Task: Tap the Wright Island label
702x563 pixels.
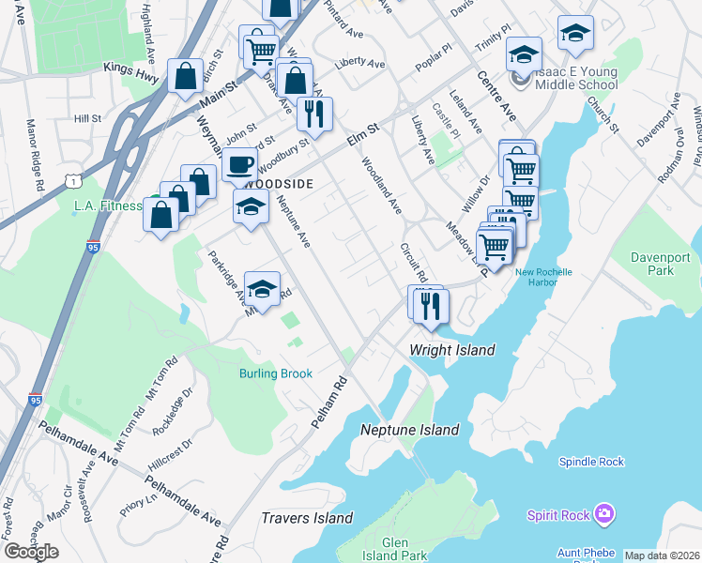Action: (x=451, y=350)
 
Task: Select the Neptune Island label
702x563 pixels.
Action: (x=410, y=430)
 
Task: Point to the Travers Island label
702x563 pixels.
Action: (x=307, y=518)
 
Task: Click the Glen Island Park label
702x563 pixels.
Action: (x=405, y=549)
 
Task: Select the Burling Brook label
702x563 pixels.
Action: (x=274, y=373)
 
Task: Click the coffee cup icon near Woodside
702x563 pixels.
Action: (x=239, y=166)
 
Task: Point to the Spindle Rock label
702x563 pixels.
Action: (x=591, y=462)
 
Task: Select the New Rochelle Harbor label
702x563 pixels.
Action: (x=542, y=278)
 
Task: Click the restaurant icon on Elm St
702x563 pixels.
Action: (x=314, y=114)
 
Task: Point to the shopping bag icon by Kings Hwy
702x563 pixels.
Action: (x=185, y=76)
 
